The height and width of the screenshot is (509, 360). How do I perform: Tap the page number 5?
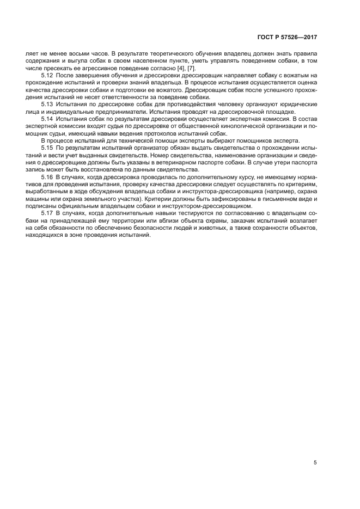(x=315, y=463)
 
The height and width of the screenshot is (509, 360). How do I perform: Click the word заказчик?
(x=242, y=221)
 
